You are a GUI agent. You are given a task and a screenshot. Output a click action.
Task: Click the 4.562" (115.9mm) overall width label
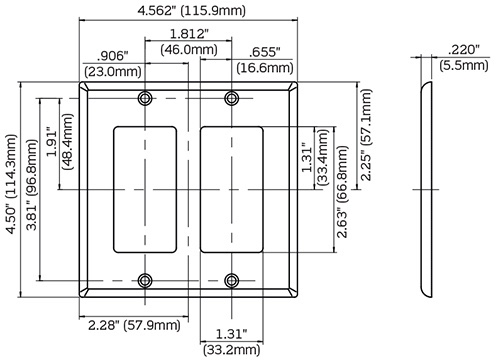(191, 11)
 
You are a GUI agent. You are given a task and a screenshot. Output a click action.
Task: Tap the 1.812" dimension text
(189, 34)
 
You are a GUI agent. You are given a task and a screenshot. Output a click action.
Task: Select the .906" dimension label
(112, 56)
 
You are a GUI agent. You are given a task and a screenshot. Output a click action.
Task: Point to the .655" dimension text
(265, 52)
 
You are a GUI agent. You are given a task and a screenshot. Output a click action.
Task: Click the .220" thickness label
(463, 50)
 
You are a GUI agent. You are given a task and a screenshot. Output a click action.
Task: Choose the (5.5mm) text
(464, 65)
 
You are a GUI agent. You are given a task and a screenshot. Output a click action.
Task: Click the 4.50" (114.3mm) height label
(11, 184)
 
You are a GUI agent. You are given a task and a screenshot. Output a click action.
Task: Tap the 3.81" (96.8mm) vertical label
(32, 185)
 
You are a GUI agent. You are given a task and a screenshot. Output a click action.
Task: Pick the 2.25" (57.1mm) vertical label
(366, 135)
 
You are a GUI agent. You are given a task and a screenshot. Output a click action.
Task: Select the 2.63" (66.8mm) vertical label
(342, 192)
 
